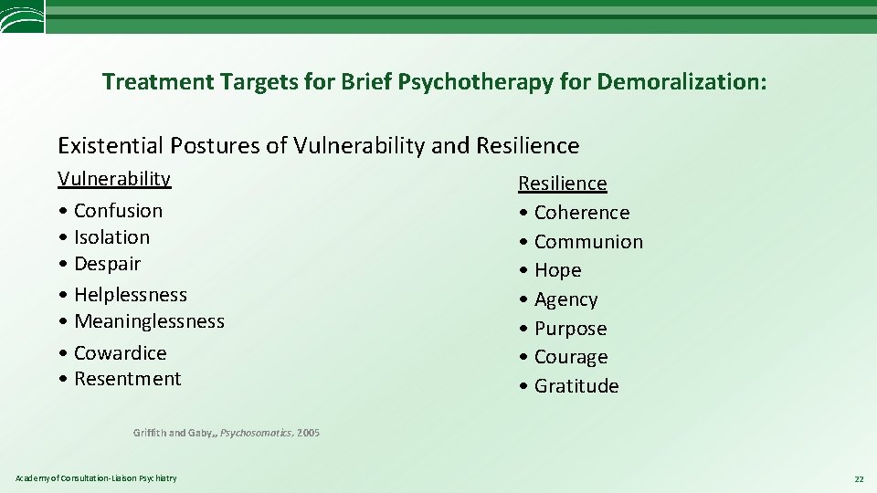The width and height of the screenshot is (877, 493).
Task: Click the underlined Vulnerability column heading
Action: tap(114, 179)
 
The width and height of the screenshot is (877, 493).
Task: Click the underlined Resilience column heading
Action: tap(563, 184)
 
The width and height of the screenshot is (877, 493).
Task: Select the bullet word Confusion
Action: tap(118, 211)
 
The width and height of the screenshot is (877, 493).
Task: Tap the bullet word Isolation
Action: tap(111, 237)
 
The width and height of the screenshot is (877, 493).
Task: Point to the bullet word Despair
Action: tap(107, 264)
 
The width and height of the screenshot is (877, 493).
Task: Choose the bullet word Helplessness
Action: tap(130, 295)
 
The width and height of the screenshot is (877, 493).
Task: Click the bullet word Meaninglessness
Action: tap(149, 321)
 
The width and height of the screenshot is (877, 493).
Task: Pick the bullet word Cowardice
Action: tap(120, 353)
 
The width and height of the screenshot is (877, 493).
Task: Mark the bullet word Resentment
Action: tap(127, 379)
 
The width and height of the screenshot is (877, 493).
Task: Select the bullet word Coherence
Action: tap(582, 213)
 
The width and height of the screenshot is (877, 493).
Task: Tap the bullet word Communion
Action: tap(588, 242)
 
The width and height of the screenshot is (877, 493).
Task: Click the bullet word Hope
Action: tap(557, 270)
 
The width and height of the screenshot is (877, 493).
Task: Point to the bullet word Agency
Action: tap(565, 299)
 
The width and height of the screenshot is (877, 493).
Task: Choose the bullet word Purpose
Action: tap(570, 329)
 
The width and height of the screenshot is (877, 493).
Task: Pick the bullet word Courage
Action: tap(571, 357)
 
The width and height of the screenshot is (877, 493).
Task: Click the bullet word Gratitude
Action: tap(576, 386)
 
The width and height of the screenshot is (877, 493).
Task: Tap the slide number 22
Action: tap(858, 478)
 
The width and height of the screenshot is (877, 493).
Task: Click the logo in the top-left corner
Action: tap(22, 16)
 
